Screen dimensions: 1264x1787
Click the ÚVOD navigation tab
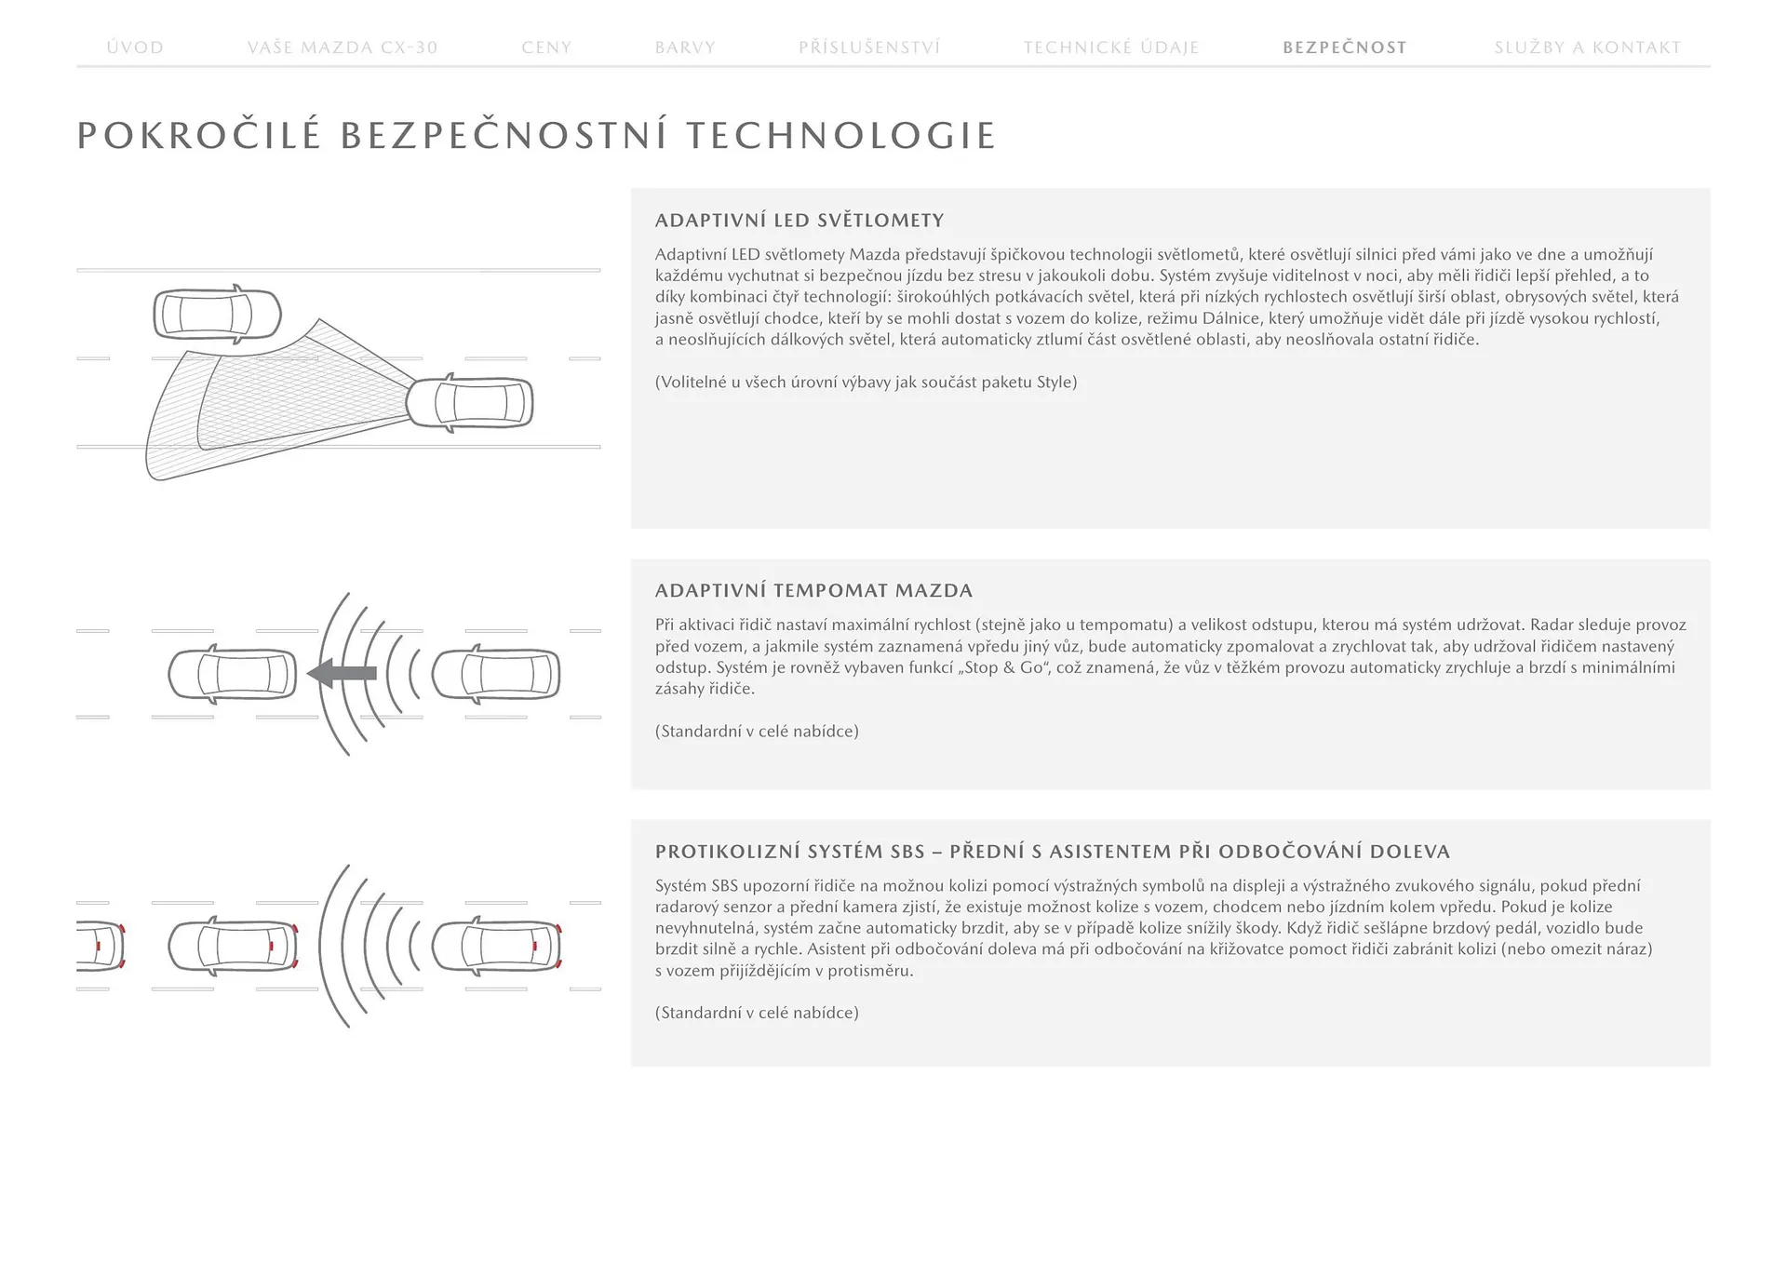point(135,47)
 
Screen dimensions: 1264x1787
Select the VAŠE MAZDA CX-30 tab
point(343,47)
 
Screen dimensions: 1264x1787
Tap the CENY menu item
point(546,47)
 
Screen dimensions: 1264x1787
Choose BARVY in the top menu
point(685,47)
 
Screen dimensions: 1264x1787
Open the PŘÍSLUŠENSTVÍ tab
point(869,47)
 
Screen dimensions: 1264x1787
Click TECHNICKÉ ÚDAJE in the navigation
point(1111,47)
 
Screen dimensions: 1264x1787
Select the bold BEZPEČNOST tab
point(1345,47)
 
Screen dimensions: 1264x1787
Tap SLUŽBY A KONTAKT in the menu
point(1588,47)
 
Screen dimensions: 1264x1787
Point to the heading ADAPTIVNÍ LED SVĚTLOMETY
point(799,221)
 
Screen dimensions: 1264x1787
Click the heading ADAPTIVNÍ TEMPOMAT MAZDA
point(813,590)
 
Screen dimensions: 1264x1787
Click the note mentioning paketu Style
point(866,383)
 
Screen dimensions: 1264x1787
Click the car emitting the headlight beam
point(469,403)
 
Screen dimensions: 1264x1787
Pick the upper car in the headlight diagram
point(217,315)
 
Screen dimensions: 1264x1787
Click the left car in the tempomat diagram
point(232,674)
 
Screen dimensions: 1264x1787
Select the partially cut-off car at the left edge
point(99,946)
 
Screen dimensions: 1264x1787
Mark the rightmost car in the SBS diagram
point(496,946)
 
